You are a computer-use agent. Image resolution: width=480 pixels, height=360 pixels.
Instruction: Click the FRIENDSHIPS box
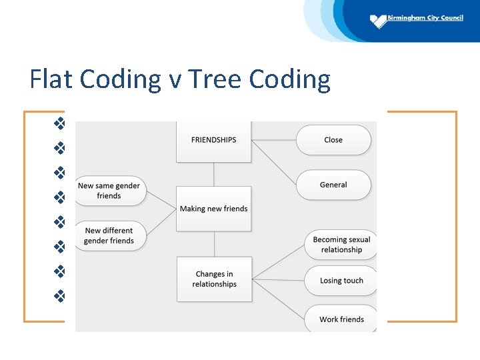(x=213, y=141)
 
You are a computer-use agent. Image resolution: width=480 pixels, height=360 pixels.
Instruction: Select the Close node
(x=333, y=140)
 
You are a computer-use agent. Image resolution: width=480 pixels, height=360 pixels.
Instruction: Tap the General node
(x=333, y=185)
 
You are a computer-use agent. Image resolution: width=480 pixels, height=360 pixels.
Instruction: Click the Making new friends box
(x=213, y=209)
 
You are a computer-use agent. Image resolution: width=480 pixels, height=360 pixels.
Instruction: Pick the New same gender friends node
(x=109, y=191)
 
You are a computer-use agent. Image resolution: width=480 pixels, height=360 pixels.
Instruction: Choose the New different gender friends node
(x=109, y=235)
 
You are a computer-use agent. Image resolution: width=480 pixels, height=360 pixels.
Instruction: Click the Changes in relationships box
(x=214, y=279)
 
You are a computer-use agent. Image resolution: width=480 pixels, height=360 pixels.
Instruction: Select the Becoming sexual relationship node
(x=341, y=245)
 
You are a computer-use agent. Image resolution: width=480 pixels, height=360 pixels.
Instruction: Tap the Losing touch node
(x=341, y=281)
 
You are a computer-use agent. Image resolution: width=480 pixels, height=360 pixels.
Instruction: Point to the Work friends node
(x=341, y=319)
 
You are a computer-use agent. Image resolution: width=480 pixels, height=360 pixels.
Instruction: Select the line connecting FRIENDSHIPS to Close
(x=273, y=140)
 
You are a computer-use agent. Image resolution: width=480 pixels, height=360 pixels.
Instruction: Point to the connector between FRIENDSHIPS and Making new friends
(x=213, y=174)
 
